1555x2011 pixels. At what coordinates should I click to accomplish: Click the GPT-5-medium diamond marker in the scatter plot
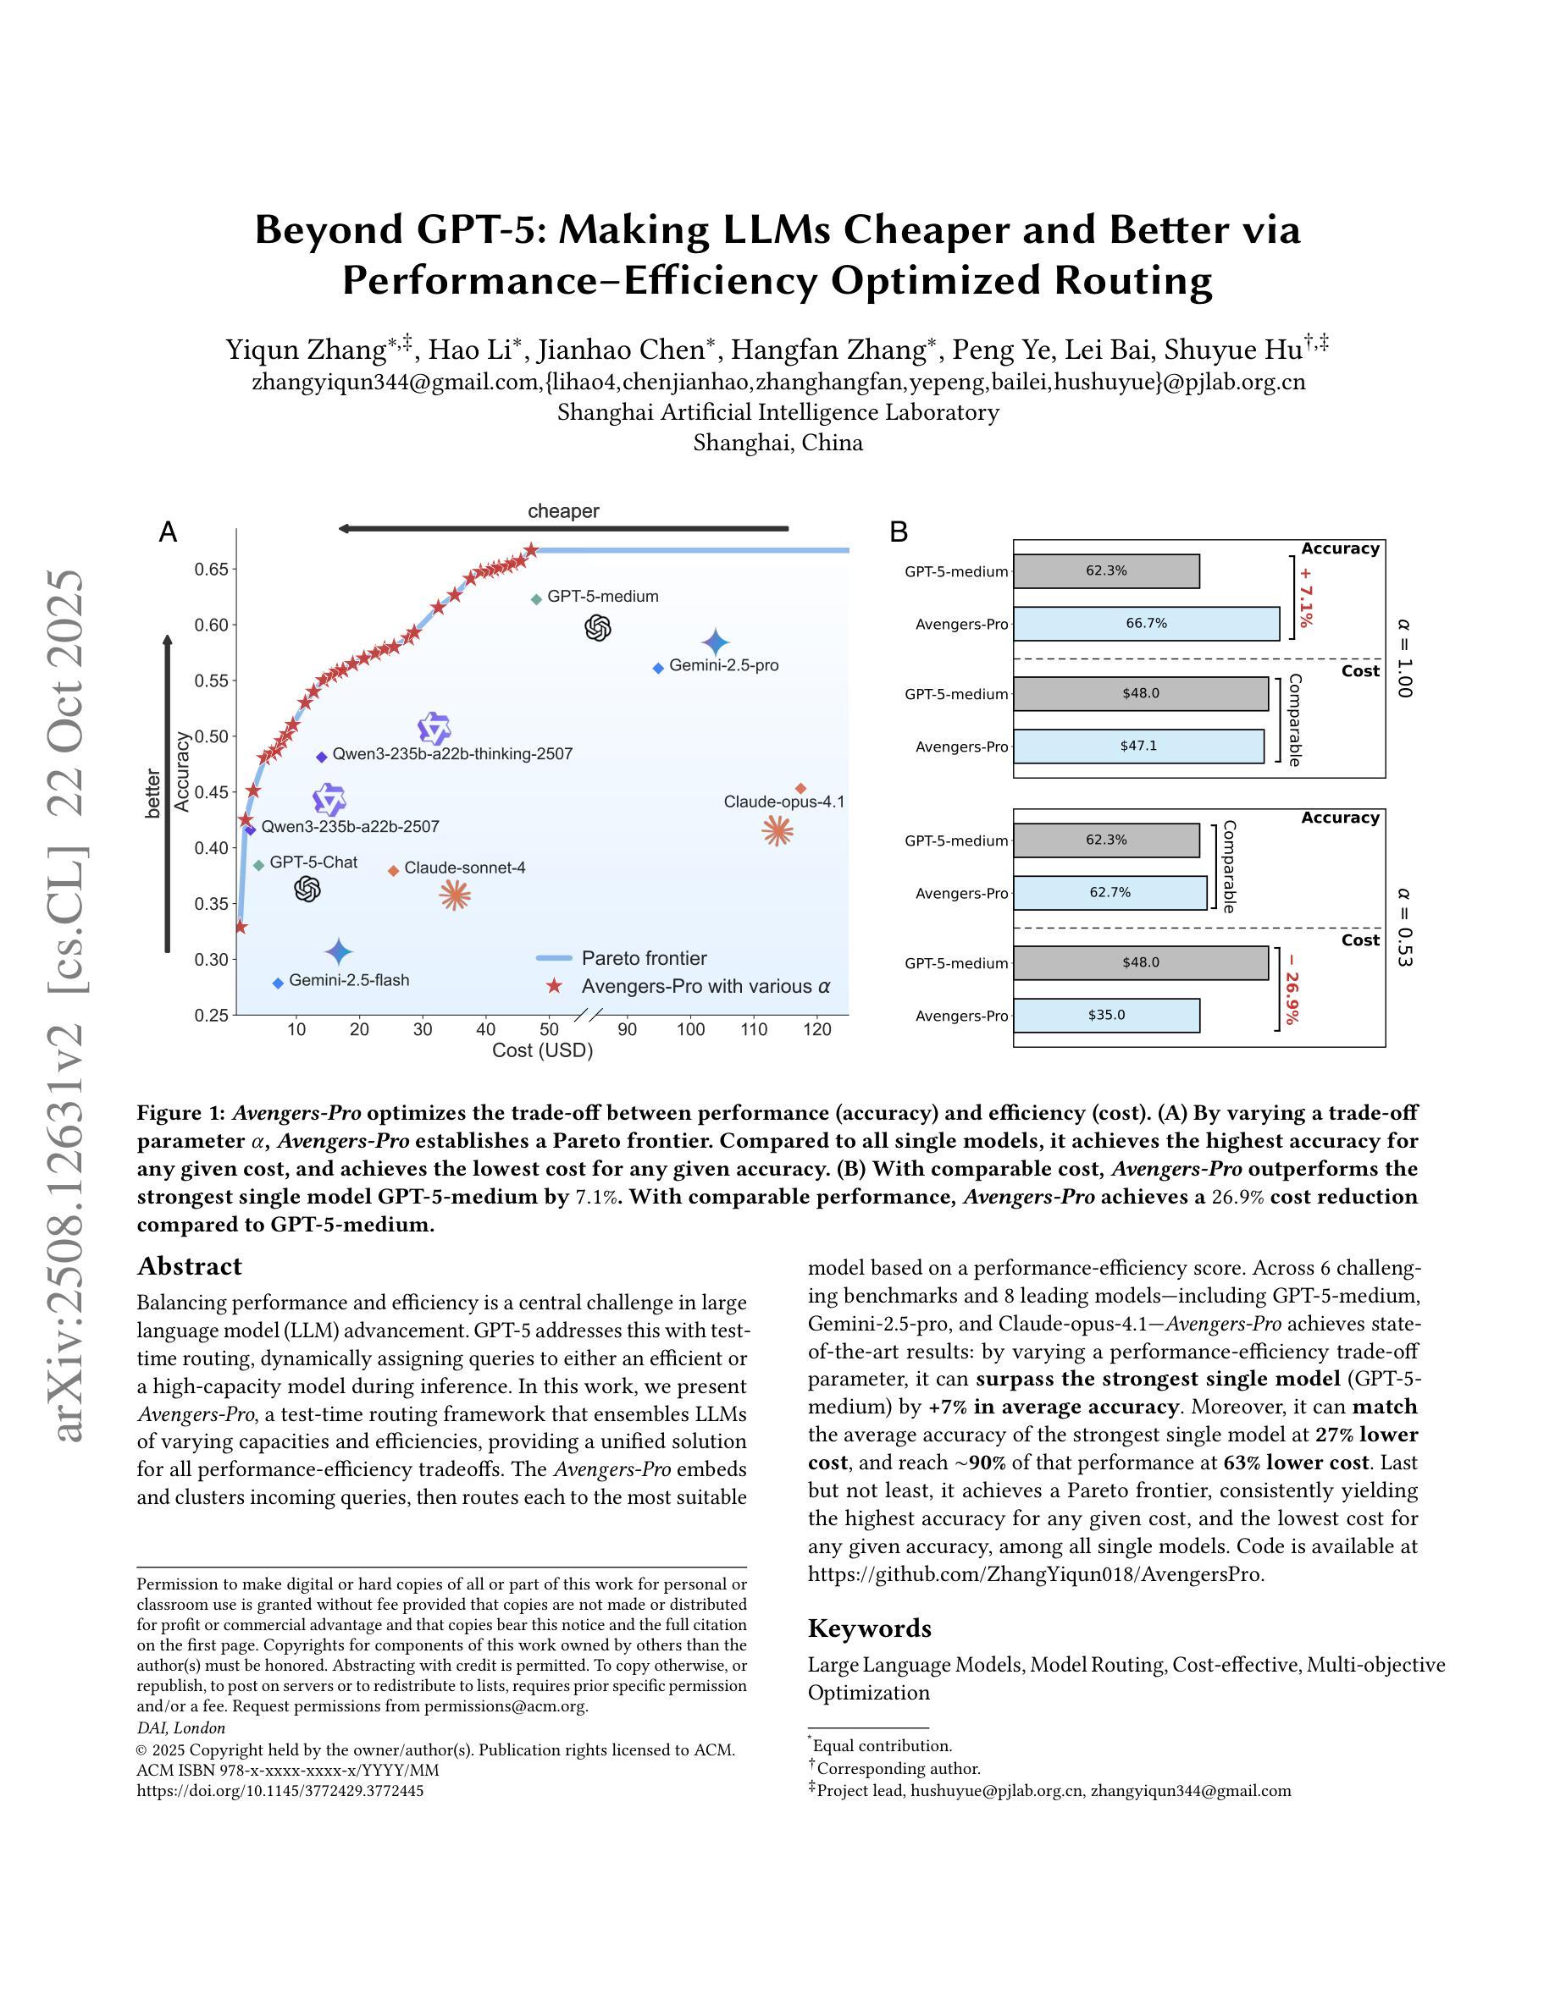click(x=536, y=599)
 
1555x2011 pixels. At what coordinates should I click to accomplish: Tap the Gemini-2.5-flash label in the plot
click(x=348, y=980)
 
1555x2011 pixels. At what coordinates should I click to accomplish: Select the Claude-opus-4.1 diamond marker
click(x=800, y=788)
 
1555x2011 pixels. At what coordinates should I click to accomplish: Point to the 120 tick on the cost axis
click(x=817, y=1028)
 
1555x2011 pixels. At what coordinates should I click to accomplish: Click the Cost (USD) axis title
click(x=542, y=1050)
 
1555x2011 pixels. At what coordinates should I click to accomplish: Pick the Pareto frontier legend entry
click(x=643, y=959)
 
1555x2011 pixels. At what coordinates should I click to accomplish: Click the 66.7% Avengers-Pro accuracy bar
click(x=1146, y=624)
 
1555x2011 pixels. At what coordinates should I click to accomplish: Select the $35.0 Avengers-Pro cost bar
click(x=1106, y=1015)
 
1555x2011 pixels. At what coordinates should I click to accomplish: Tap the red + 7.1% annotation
click(x=1305, y=597)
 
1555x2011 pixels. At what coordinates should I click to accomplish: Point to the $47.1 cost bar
click(x=1138, y=746)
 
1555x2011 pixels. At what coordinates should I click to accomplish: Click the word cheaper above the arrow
click(x=563, y=511)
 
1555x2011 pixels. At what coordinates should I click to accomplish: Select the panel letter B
click(x=899, y=532)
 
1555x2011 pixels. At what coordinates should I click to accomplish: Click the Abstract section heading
click(x=189, y=1266)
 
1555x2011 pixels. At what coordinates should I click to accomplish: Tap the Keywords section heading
click(x=869, y=1628)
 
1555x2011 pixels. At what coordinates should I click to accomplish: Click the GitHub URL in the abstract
click(x=1036, y=1573)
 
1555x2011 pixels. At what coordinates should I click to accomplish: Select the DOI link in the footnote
click(x=280, y=1790)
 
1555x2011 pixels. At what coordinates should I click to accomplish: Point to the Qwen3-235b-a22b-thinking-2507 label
click(x=451, y=753)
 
